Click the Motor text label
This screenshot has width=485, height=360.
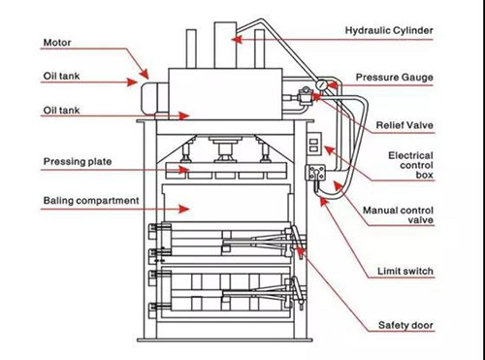pos(57,43)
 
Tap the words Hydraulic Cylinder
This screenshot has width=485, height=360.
pos(389,30)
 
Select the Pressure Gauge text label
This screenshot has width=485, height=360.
pos(394,78)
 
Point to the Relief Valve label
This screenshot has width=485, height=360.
pos(404,125)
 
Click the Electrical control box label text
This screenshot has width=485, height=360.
pos(410,165)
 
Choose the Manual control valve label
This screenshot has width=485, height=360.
pos(398,215)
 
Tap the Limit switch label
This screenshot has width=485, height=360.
pos(405,271)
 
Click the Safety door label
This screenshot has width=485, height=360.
pos(405,325)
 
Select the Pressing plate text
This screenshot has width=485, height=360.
pos(78,161)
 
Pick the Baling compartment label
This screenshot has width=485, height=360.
pos(91,201)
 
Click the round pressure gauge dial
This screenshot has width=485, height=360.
pos(322,85)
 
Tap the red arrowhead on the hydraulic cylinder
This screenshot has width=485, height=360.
pos(237,40)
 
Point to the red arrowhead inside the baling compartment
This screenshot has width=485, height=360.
pos(184,209)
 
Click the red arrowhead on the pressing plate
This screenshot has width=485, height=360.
pos(184,170)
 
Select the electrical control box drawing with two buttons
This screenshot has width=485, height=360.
pos(314,144)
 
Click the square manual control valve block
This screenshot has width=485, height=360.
pos(315,173)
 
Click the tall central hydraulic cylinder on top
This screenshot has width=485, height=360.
pos(225,46)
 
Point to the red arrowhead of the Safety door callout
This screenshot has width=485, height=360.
pos(300,251)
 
